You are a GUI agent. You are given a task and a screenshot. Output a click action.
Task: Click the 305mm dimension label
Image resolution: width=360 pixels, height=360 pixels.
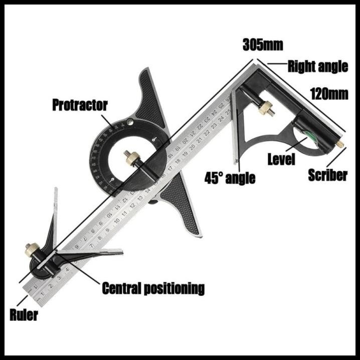(263, 45)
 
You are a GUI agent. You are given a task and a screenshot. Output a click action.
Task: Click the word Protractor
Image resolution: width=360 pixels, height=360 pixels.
(80, 105)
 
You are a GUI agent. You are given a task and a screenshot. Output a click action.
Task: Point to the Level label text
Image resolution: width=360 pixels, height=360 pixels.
(281, 160)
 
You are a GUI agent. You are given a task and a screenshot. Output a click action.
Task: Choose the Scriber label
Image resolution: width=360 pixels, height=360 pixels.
(327, 175)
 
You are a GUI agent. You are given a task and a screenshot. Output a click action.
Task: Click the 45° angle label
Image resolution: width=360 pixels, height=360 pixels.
(230, 177)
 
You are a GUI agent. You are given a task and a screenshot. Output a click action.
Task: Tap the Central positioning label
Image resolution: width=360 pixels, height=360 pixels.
(153, 288)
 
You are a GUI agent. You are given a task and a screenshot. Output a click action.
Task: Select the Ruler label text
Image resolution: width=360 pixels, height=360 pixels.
(24, 315)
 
